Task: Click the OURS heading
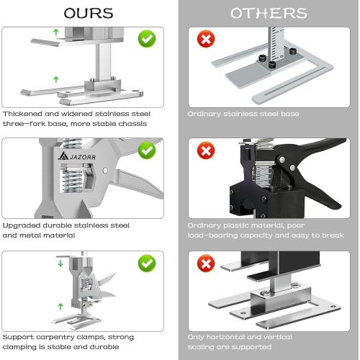(x=88, y=13)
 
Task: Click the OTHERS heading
(x=269, y=13)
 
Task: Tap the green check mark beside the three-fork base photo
(x=146, y=38)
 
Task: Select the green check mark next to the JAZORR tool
(x=146, y=150)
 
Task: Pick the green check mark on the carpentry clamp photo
(x=146, y=262)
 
